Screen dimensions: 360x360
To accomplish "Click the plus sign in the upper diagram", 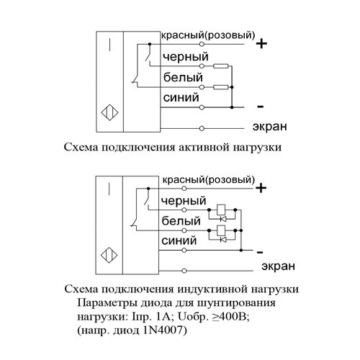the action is click(x=261, y=44).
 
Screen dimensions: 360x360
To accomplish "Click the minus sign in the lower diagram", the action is click(x=260, y=252).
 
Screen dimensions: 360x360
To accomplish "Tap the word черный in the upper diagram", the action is click(x=186, y=57).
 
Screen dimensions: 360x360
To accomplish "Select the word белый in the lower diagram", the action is click(x=181, y=221).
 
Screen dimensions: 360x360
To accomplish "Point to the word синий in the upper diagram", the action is click(x=181, y=97).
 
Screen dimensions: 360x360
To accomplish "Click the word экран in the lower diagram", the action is click(x=278, y=266).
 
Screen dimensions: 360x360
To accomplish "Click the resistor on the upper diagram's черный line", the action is click(x=221, y=66).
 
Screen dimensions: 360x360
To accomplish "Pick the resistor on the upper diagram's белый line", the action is click(x=221, y=87).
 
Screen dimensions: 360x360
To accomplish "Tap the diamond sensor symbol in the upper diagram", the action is click(x=109, y=112).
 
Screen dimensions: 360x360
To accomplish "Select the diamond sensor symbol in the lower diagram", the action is click(x=109, y=256).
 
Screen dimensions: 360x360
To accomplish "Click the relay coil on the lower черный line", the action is click(x=221, y=210).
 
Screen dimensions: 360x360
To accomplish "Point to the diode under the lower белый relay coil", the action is click(x=223, y=240).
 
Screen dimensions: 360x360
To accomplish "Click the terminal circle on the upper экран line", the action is click(x=202, y=129).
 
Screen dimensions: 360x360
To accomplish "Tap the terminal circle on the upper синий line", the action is click(x=202, y=107).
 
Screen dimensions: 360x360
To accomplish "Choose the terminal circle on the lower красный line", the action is click(x=184, y=189).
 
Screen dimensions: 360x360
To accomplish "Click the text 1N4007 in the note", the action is click(x=163, y=330).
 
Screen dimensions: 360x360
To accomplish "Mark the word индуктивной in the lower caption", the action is click(x=212, y=289).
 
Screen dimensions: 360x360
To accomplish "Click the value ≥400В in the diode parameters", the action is click(x=231, y=317).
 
